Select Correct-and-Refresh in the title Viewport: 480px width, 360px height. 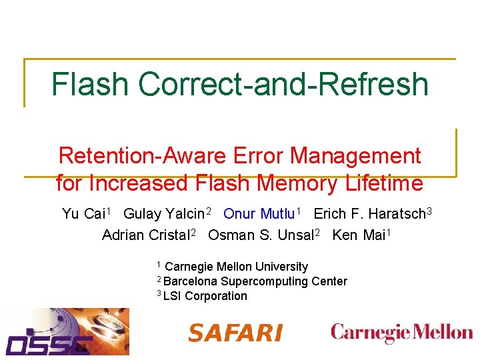tap(283, 85)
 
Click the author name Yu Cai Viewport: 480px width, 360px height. tap(83, 214)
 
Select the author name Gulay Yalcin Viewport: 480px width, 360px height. tap(165, 214)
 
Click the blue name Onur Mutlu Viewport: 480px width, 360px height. tap(259, 214)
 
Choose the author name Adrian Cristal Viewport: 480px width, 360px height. tap(145, 235)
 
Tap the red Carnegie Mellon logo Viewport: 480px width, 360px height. tap(401, 333)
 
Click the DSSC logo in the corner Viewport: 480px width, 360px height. tap(67, 331)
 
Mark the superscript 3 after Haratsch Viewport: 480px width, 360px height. tap(430, 211)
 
